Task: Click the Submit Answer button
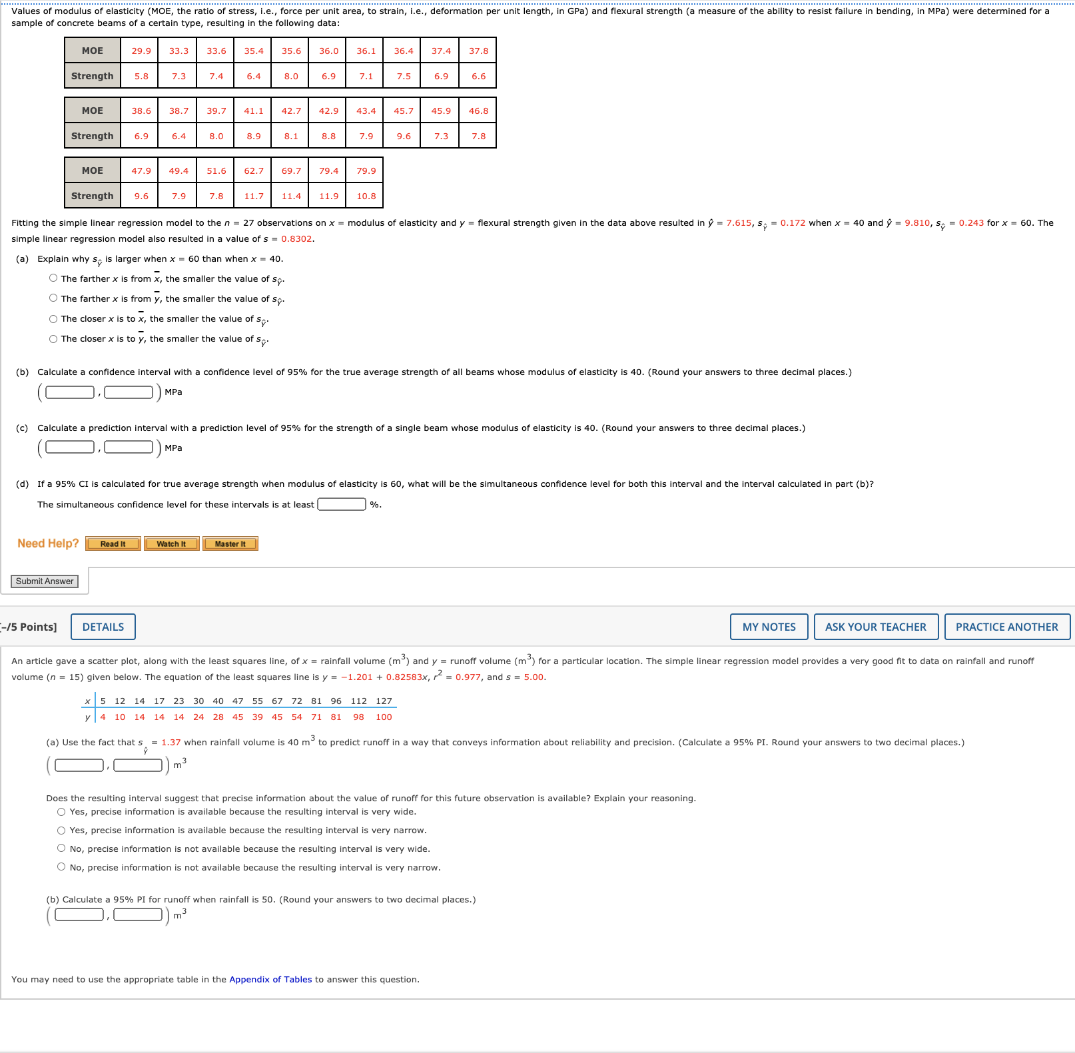45,581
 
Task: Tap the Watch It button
171,544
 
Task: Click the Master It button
230,544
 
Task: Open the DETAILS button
103,627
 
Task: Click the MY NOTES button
769,627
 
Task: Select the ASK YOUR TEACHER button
875,627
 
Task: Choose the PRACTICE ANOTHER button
1006,627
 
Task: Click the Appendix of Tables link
270,979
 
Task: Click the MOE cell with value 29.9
141,51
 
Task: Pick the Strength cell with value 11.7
254,196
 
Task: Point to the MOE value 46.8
478,111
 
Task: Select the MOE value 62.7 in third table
254,171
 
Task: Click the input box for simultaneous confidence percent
342,504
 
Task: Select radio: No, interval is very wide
61,849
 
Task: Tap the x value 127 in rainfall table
384,701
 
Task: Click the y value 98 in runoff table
358,717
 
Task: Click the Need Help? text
48,543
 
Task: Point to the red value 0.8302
296,238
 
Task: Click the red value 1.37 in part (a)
171,742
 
